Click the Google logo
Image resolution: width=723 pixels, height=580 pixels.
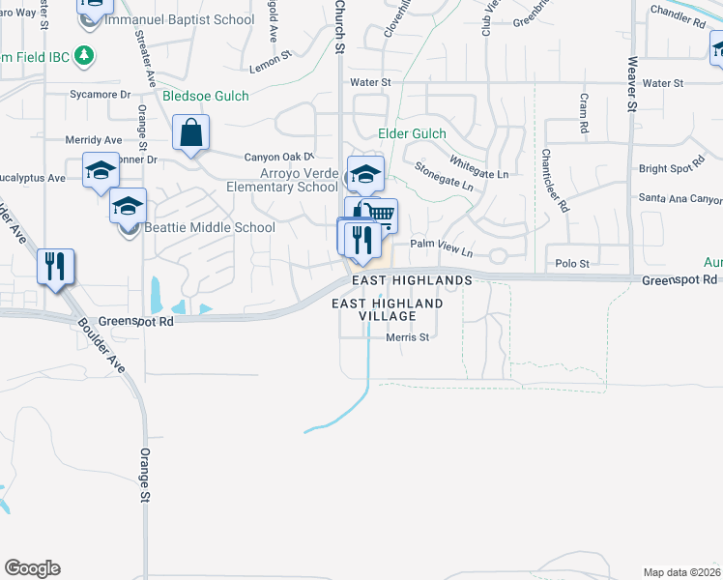click(32, 568)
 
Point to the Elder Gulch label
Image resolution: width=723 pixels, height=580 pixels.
click(414, 134)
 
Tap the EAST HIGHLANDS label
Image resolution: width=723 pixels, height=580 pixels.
click(411, 279)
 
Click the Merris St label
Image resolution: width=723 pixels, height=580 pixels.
click(407, 337)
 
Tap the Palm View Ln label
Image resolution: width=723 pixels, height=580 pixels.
click(441, 246)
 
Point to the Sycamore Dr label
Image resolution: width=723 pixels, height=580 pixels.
click(100, 95)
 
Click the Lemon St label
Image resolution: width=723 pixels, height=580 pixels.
click(271, 64)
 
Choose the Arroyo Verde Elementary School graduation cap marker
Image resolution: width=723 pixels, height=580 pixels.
click(365, 174)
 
